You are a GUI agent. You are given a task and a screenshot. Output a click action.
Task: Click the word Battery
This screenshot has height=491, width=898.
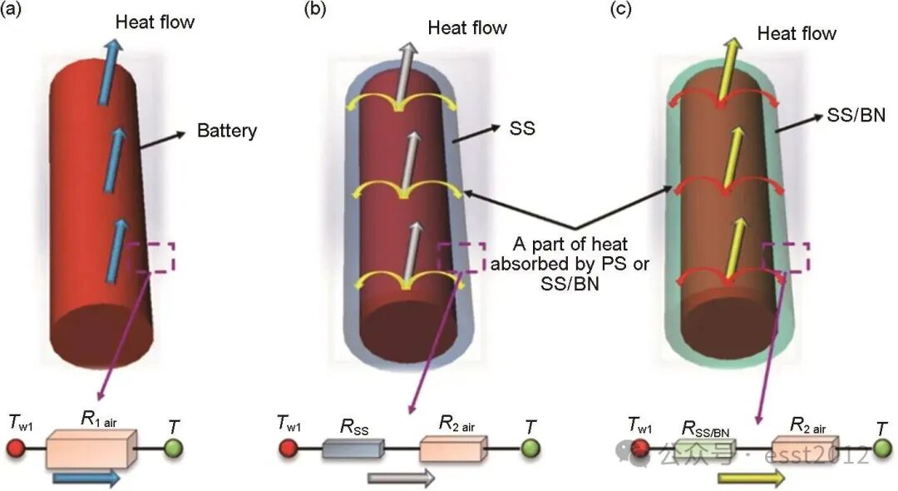coord(227,131)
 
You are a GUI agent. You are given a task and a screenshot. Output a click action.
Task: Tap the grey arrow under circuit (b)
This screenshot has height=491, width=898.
coord(401,478)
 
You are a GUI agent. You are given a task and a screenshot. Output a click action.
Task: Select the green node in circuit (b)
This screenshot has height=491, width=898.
coord(530,450)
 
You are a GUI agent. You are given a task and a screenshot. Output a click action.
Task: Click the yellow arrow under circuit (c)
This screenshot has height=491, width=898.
coord(751,478)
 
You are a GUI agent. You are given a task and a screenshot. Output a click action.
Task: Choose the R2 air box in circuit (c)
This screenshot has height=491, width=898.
coord(804,449)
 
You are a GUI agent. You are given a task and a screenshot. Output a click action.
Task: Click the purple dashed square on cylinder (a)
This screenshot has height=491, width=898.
coord(153,256)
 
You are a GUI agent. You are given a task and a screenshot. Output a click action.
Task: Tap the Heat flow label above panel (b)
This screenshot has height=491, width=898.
coord(467,27)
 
